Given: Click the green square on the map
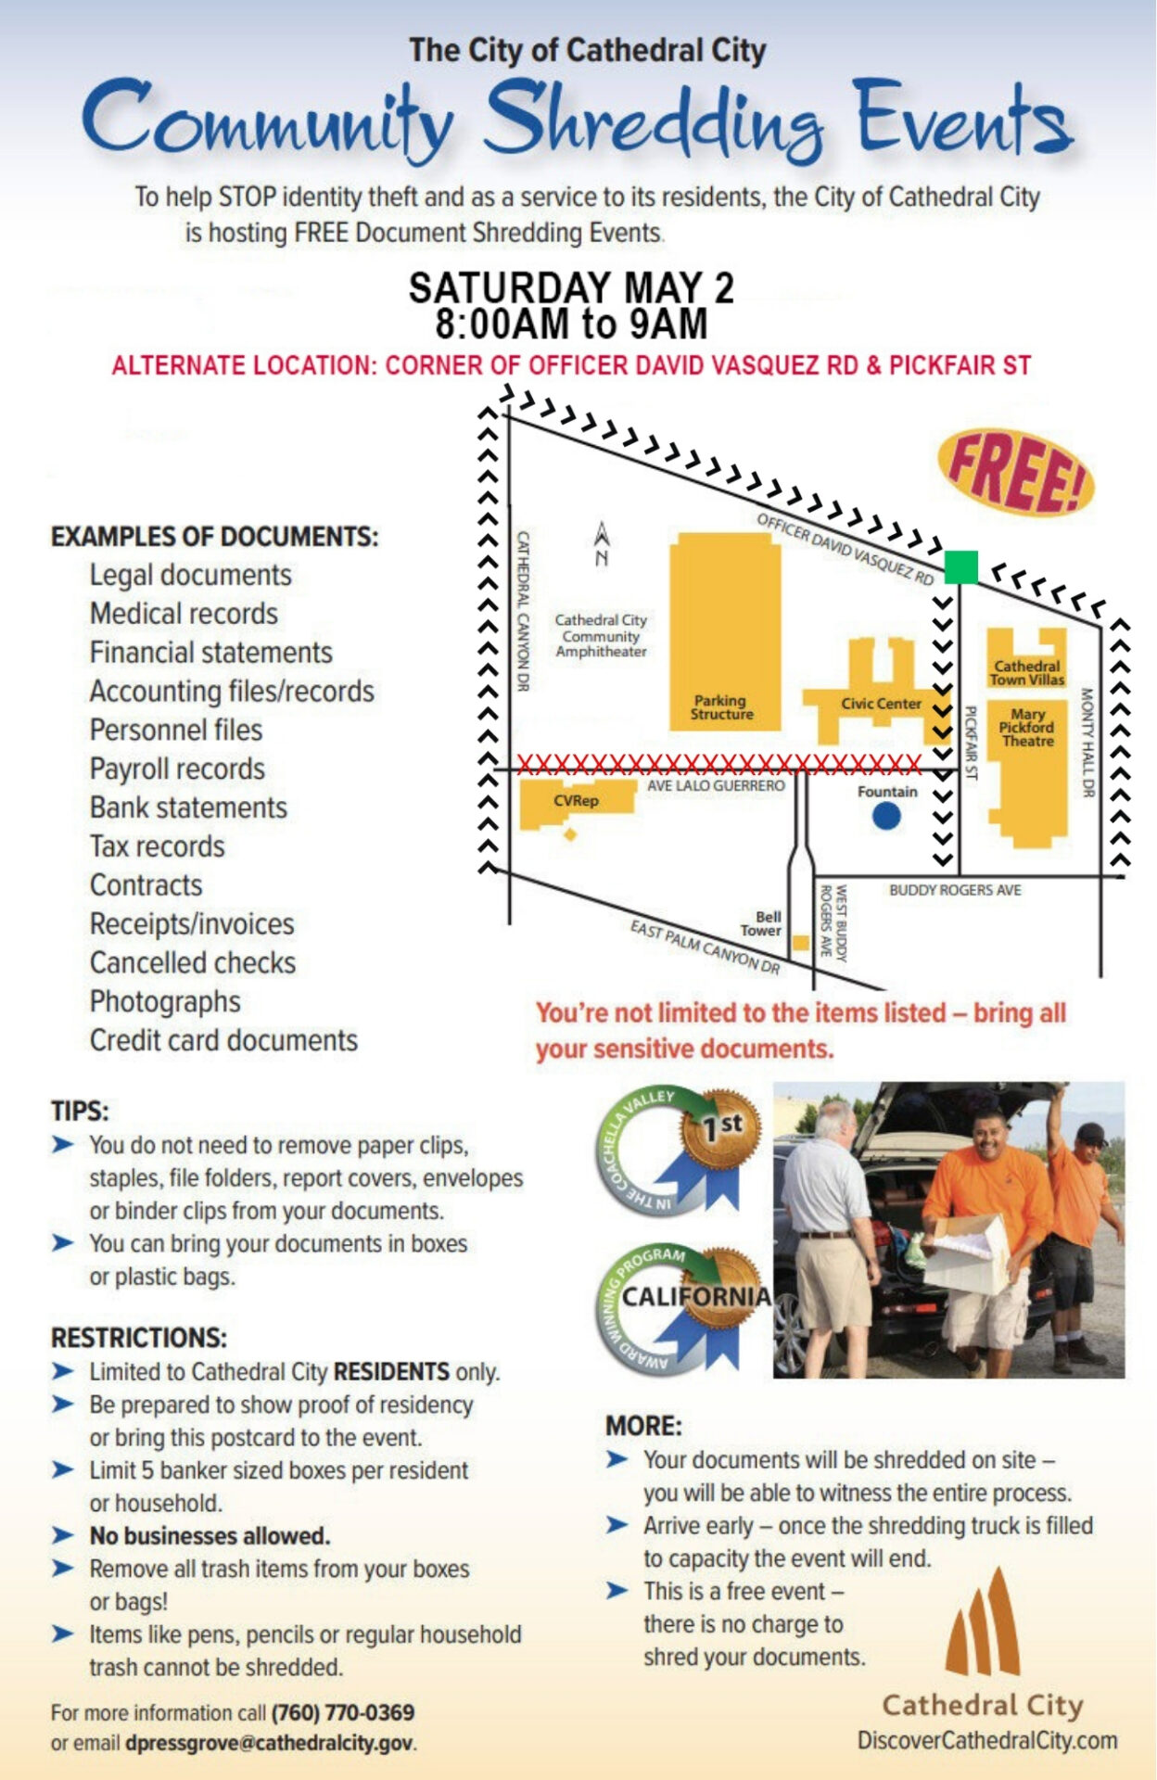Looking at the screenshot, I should tap(960, 566).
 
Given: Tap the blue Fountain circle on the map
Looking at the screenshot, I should tap(886, 816).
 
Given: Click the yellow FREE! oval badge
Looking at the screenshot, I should tap(1015, 471).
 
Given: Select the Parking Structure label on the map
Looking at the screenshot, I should tap(721, 707).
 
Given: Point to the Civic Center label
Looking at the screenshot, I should tap(881, 704).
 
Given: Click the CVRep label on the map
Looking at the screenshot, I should tap(576, 800).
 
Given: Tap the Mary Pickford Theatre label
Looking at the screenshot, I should tap(1027, 728).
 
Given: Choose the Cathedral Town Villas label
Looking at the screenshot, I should tap(1026, 673).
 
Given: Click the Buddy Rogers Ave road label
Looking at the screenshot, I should tap(955, 890).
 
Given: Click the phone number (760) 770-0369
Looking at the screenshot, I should tap(343, 1712).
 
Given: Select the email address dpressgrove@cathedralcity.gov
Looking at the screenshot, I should tap(270, 1743).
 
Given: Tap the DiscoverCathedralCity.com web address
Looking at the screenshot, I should tap(986, 1741).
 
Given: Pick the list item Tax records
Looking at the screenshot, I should tap(158, 846).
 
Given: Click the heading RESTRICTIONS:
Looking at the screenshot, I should tap(139, 1338).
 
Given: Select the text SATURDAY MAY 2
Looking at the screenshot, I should tap(571, 287).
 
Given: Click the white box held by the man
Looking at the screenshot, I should tap(966, 1254).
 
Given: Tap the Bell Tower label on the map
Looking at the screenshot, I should tap(761, 923).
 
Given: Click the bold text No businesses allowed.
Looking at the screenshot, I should tap(210, 1536).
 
